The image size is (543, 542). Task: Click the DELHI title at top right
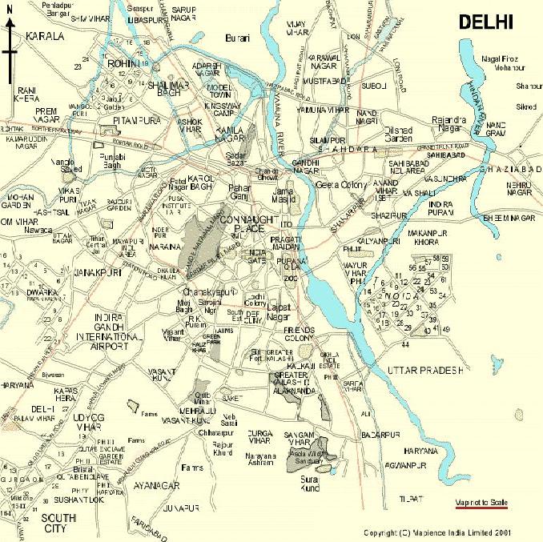(x=485, y=22)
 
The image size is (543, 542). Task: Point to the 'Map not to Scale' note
(x=481, y=504)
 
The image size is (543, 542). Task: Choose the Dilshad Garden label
(x=396, y=134)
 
